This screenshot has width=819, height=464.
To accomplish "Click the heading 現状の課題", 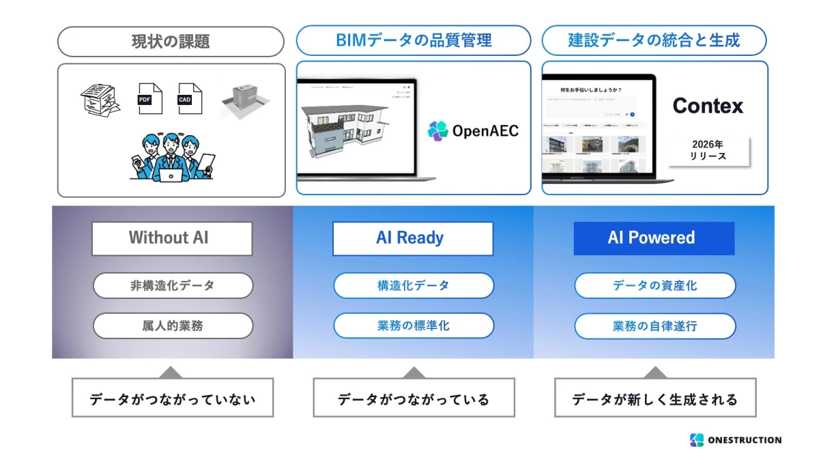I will (x=171, y=41).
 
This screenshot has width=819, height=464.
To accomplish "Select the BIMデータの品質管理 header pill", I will (x=414, y=40).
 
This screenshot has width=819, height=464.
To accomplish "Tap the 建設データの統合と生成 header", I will (x=654, y=40).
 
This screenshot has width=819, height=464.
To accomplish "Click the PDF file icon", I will (x=149, y=98).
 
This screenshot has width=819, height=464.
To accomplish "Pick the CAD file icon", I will (x=190, y=98).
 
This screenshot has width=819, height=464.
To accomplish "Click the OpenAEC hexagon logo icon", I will (x=437, y=130).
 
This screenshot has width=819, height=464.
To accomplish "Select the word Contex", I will (x=708, y=106).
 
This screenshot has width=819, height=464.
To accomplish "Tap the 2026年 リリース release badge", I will (x=708, y=151).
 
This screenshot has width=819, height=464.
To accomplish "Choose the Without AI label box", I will (x=172, y=238).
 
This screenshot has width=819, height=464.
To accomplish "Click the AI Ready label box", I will (x=412, y=238).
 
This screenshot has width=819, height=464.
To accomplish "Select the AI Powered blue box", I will (x=653, y=238).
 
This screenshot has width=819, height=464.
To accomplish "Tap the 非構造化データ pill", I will (x=173, y=285).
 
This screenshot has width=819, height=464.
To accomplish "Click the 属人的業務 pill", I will (x=173, y=325).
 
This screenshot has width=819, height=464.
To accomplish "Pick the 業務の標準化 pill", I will (x=414, y=325).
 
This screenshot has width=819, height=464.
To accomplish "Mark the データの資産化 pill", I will (x=655, y=285).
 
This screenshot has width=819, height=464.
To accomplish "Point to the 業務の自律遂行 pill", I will (x=655, y=325).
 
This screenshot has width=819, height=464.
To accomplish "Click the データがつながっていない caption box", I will (x=172, y=399).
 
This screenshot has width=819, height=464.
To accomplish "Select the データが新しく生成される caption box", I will (x=655, y=399).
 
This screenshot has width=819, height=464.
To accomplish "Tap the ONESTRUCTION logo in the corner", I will (x=735, y=440).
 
